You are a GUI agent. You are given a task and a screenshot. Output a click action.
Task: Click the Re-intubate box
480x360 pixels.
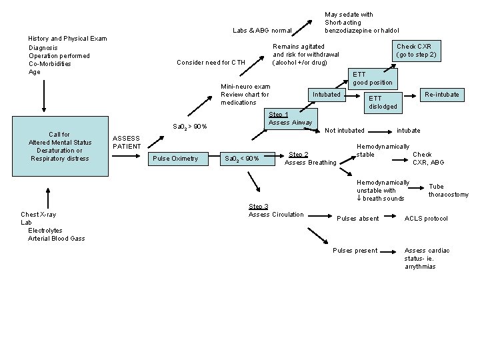click(443, 95)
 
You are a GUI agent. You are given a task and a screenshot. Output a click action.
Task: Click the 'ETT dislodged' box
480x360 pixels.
click(383, 102)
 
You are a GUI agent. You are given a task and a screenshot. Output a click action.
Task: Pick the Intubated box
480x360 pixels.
click(327, 95)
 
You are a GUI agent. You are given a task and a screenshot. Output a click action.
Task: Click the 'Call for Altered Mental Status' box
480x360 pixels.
click(60, 147)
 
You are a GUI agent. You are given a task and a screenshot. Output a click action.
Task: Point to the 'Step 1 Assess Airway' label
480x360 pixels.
click(290, 119)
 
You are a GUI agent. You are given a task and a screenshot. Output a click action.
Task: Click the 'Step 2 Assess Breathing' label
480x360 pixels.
click(310, 158)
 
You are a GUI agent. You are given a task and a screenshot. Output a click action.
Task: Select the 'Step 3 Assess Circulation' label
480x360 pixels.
click(276, 211)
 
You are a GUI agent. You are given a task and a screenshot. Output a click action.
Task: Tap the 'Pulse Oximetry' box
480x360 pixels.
click(175, 158)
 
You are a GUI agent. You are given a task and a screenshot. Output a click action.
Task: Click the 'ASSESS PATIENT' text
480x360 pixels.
click(127, 142)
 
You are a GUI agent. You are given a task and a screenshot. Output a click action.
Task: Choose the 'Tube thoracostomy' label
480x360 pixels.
click(448, 191)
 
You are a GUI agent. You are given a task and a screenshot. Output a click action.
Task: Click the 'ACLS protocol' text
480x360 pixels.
click(426, 219)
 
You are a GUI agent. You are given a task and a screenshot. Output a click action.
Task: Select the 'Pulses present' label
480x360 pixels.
click(355, 251)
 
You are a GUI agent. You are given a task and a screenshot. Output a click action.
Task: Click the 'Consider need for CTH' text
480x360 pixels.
click(211, 63)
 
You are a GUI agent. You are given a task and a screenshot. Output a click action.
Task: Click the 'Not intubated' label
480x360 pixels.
click(345, 131)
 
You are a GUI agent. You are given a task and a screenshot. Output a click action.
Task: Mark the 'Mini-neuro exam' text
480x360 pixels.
click(245, 87)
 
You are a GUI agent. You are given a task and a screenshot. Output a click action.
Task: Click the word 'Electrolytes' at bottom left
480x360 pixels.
click(47, 230)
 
